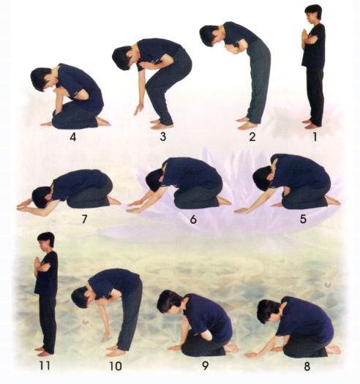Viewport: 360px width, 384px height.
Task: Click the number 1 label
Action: [x=315, y=137]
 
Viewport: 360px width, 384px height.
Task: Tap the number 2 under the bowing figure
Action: [x=252, y=137]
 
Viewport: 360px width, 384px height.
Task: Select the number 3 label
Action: [x=163, y=137]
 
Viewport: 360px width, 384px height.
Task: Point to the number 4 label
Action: [x=72, y=137]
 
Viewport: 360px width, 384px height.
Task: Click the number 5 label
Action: [x=303, y=219]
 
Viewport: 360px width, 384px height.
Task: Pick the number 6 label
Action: [x=193, y=219]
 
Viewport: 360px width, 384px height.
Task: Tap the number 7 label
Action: [x=84, y=219]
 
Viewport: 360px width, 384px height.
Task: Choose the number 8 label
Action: [x=307, y=366]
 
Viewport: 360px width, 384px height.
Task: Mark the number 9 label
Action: [x=205, y=366]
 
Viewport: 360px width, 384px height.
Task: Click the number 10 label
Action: [x=116, y=366]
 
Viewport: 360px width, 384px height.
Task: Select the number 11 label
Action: [x=45, y=366]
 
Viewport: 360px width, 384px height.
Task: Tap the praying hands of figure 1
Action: [x=304, y=36]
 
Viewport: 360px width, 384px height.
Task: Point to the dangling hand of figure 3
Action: [x=139, y=110]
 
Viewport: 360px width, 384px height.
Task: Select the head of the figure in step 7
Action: [x=41, y=197]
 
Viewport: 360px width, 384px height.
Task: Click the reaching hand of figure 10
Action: [x=106, y=336]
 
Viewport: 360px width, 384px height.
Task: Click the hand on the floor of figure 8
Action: [x=253, y=354]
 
